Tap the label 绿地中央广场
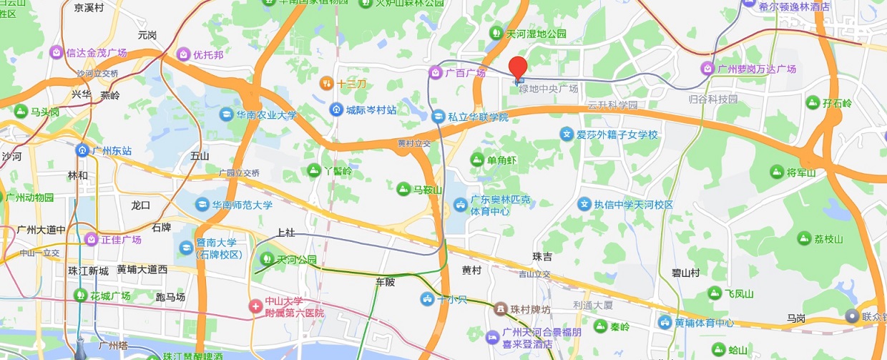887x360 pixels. coord(549,89)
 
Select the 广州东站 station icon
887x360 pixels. coord(83,150)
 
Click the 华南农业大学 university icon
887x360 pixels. coord(226,114)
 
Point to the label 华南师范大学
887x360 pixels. coord(242,205)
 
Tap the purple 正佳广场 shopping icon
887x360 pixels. coord(91,239)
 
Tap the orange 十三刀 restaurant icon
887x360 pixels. coord(326,84)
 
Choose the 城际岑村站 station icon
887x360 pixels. coord(336,110)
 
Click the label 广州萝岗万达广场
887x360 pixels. coord(757,69)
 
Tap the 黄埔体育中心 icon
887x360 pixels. coord(665,323)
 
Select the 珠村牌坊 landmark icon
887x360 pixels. coord(500,309)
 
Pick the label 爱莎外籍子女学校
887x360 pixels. coord(617,135)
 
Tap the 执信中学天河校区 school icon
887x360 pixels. coord(585,205)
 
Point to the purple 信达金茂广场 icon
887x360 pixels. coord(56,52)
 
